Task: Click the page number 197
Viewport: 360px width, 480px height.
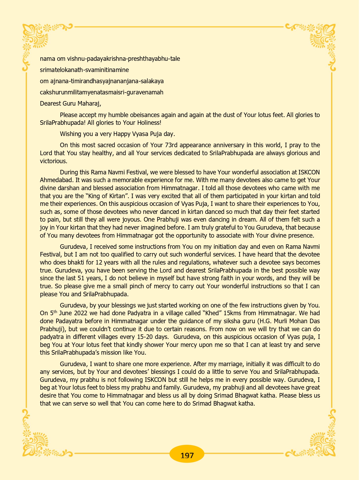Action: (x=187, y=455)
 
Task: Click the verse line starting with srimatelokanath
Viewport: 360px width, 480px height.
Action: (x=84, y=70)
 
